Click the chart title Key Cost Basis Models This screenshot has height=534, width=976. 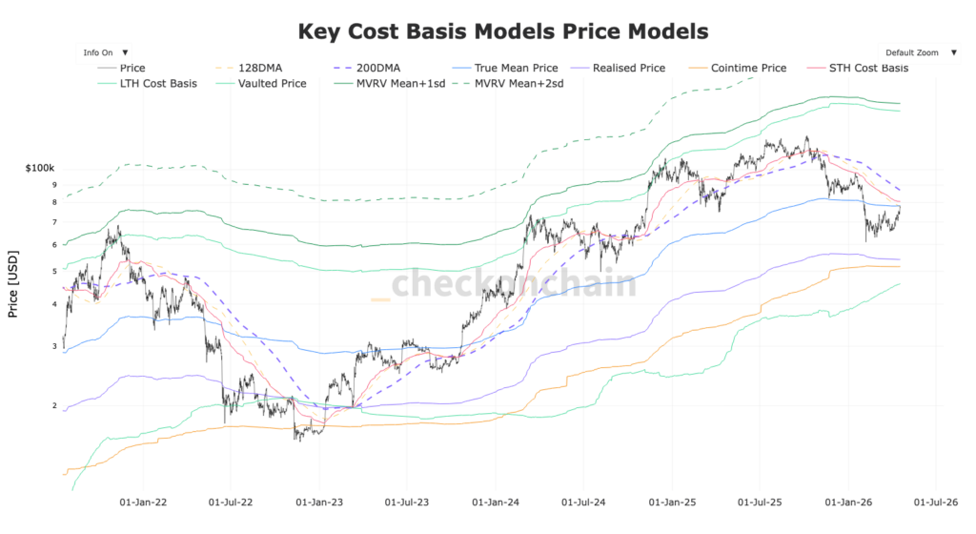[x=503, y=31]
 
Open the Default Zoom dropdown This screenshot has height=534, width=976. [x=918, y=52]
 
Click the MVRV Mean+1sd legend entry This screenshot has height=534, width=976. [x=398, y=84]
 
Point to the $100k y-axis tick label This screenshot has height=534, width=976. [x=42, y=168]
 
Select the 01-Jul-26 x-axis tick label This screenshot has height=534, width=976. [x=935, y=500]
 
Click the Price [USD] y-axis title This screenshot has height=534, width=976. [x=12, y=286]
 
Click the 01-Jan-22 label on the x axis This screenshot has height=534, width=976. [x=143, y=500]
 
